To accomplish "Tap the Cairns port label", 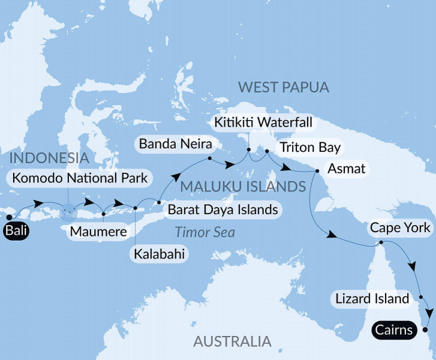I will [395, 329].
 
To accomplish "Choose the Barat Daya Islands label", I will [222, 209].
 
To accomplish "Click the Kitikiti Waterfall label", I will [264, 124].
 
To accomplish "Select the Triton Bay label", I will [308, 147].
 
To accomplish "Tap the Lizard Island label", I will [372, 298].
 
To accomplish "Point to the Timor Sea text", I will [205, 232].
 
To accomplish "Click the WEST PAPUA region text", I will [284, 88].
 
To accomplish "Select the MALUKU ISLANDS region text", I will [243, 187].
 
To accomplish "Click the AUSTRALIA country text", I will [232, 342].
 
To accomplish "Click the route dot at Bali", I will [9, 218].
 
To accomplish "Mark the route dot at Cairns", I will [425, 329].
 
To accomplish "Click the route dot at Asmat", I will [317, 172].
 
